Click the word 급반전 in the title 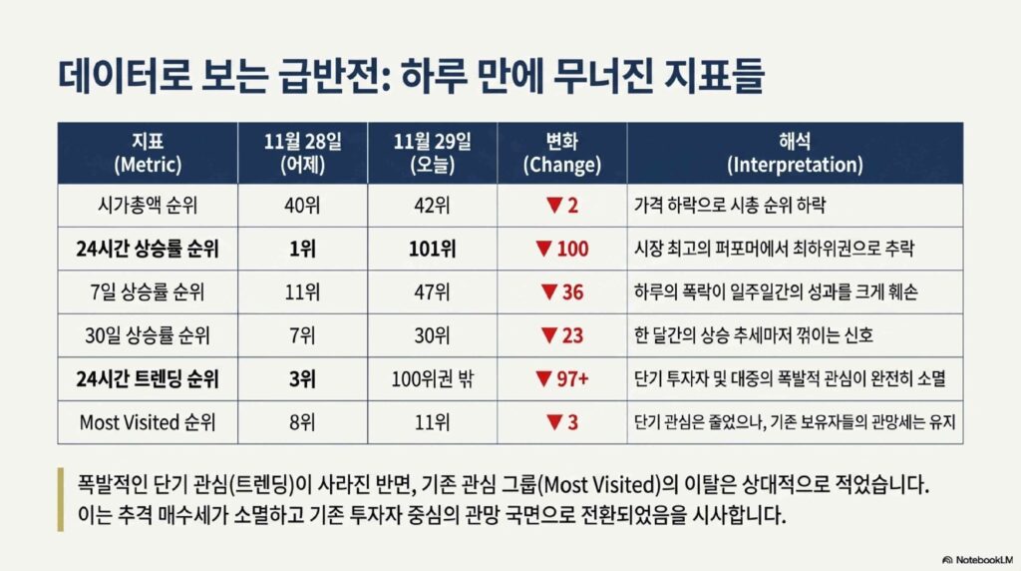(334, 77)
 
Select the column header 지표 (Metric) (148, 153)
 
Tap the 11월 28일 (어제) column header (303, 153)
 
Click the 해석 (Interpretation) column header (795, 153)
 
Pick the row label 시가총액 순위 (148, 206)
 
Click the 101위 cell (433, 249)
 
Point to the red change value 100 (572, 249)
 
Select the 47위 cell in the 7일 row (433, 292)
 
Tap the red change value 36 (572, 292)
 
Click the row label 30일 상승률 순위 (148, 335)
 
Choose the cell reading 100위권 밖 (433, 378)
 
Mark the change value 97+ (572, 378)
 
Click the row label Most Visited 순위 (148, 422)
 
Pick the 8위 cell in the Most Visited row (303, 422)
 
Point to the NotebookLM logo (978, 560)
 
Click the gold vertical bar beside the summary (61, 499)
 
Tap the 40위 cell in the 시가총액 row (303, 206)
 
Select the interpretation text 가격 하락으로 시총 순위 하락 (730, 206)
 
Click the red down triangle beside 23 (549, 335)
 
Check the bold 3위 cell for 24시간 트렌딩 (303, 378)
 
